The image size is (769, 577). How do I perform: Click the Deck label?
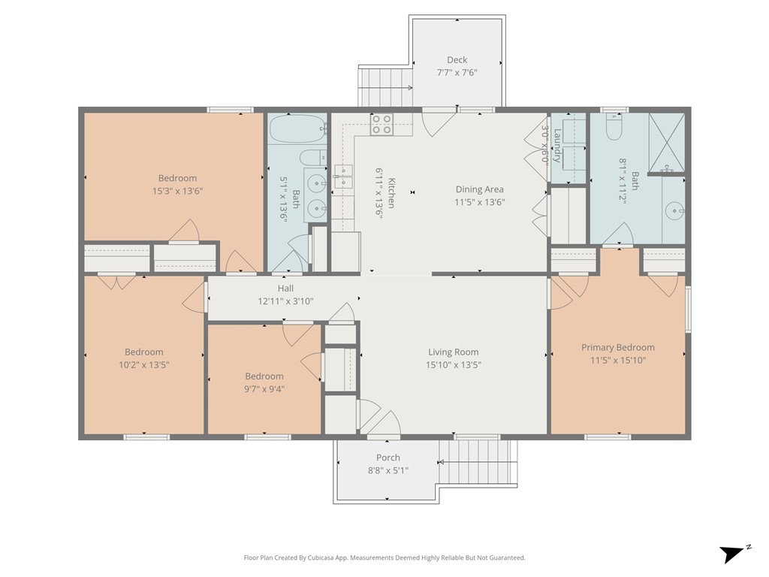pyautogui.click(x=457, y=60)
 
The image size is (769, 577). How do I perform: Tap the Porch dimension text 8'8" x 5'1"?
pyautogui.click(x=388, y=470)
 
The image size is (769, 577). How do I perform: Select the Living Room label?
pyautogui.click(x=453, y=352)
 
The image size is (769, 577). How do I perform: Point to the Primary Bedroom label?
pyautogui.click(x=618, y=347)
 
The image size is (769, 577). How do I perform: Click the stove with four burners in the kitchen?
pyautogui.click(x=381, y=124)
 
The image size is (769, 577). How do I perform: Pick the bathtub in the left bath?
pyautogui.click(x=297, y=129)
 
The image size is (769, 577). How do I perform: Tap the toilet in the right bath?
pyautogui.click(x=614, y=126)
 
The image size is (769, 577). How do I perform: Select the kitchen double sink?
pyautogui.click(x=342, y=177)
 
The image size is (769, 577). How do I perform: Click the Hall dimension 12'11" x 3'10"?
pyautogui.click(x=285, y=301)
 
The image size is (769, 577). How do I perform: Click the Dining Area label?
pyautogui.click(x=479, y=189)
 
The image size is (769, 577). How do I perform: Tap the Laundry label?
pyautogui.click(x=557, y=145)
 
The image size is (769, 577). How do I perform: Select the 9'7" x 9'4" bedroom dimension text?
pyautogui.click(x=264, y=389)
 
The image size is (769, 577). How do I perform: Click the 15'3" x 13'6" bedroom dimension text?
pyautogui.click(x=177, y=191)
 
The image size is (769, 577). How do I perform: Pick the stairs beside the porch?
pyautogui.click(x=478, y=461)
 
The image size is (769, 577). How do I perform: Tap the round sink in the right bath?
pyautogui.click(x=675, y=211)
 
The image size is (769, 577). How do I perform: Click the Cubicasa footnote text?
pyautogui.click(x=384, y=557)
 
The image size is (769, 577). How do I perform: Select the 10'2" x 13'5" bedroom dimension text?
pyautogui.click(x=144, y=364)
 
